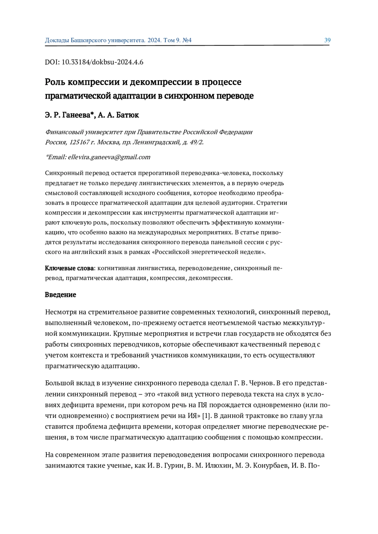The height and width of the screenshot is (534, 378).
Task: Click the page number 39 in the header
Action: pos(327,40)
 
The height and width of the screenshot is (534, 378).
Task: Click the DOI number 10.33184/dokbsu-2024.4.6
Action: pos(102,62)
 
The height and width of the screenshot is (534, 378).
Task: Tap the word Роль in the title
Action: pos(55,82)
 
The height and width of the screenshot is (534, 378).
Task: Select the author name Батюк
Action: pos(127,115)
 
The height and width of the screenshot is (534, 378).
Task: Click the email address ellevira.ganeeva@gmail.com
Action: pos(109,157)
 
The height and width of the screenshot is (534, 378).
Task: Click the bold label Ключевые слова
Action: pos(69,268)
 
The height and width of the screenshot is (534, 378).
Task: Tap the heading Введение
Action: pos(60,295)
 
